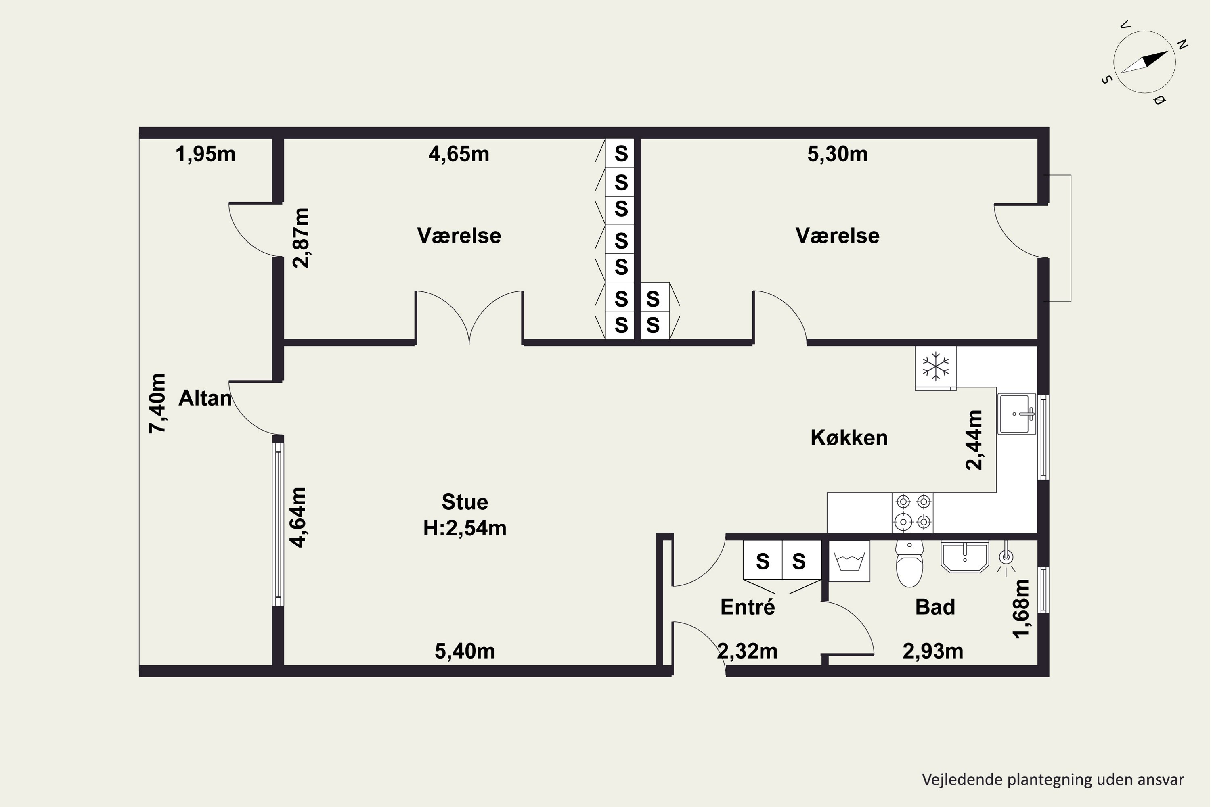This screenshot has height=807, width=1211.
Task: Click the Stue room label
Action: click(465, 502)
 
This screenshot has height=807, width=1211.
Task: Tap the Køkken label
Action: click(849, 438)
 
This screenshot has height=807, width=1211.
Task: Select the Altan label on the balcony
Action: click(205, 398)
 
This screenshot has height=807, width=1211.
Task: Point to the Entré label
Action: click(748, 607)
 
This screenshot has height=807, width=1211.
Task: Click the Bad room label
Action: click(935, 607)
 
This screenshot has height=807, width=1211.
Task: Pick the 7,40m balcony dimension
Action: click(157, 403)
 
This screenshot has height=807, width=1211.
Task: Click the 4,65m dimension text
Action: click(459, 154)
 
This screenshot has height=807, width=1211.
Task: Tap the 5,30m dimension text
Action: click(837, 154)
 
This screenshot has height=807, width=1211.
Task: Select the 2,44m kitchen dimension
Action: click(974, 440)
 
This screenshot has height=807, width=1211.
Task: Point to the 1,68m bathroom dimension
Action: click(1020, 609)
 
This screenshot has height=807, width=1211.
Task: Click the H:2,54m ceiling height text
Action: click(465, 529)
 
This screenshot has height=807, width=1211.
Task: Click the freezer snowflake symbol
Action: click(936, 366)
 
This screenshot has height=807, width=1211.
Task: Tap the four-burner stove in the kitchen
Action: click(913, 512)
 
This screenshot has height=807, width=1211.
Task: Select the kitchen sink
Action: click(1016, 414)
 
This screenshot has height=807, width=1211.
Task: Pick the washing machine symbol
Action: click(849, 561)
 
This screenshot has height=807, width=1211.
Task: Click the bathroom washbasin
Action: click(965, 556)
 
